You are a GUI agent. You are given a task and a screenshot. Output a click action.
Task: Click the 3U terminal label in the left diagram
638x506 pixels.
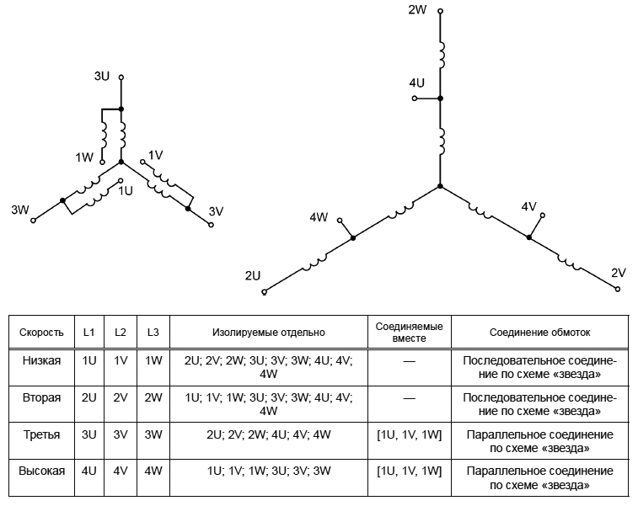(x=102, y=76)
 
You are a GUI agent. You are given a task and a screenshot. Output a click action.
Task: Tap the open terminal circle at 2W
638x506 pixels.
(x=440, y=12)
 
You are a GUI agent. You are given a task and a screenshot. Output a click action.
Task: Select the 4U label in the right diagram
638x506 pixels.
(x=416, y=83)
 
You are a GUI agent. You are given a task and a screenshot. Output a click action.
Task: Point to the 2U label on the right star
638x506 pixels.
(x=252, y=276)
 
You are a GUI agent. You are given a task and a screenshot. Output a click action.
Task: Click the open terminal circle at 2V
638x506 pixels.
(x=618, y=289)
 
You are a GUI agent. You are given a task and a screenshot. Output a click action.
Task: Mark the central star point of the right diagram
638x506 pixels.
(x=440, y=187)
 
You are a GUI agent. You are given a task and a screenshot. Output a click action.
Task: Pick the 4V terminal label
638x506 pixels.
(x=529, y=207)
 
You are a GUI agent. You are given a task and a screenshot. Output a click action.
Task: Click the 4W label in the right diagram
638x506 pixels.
(x=319, y=217)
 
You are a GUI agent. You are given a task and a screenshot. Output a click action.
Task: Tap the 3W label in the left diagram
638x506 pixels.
(x=20, y=210)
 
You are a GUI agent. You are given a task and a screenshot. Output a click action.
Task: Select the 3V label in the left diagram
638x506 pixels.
(x=216, y=211)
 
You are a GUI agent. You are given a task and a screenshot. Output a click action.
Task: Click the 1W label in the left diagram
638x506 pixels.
(x=84, y=157)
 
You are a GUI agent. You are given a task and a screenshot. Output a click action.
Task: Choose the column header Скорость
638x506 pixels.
(x=41, y=333)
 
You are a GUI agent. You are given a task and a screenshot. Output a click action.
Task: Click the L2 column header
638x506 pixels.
(x=120, y=333)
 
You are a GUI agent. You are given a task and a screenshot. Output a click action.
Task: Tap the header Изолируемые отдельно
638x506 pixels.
(x=269, y=333)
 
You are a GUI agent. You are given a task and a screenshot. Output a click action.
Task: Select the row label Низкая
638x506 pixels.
(x=41, y=360)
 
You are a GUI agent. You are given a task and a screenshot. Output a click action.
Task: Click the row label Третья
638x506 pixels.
(x=41, y=434)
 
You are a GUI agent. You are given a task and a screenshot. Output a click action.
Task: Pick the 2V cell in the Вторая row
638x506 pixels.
(x=121, y=397)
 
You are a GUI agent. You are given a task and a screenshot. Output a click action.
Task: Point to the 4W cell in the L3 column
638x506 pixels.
(x=153, y=471)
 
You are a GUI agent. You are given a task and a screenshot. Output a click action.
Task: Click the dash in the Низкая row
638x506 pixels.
(x=410, y=361)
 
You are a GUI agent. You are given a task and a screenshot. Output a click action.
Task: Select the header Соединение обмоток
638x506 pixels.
(x=540, y=333)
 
